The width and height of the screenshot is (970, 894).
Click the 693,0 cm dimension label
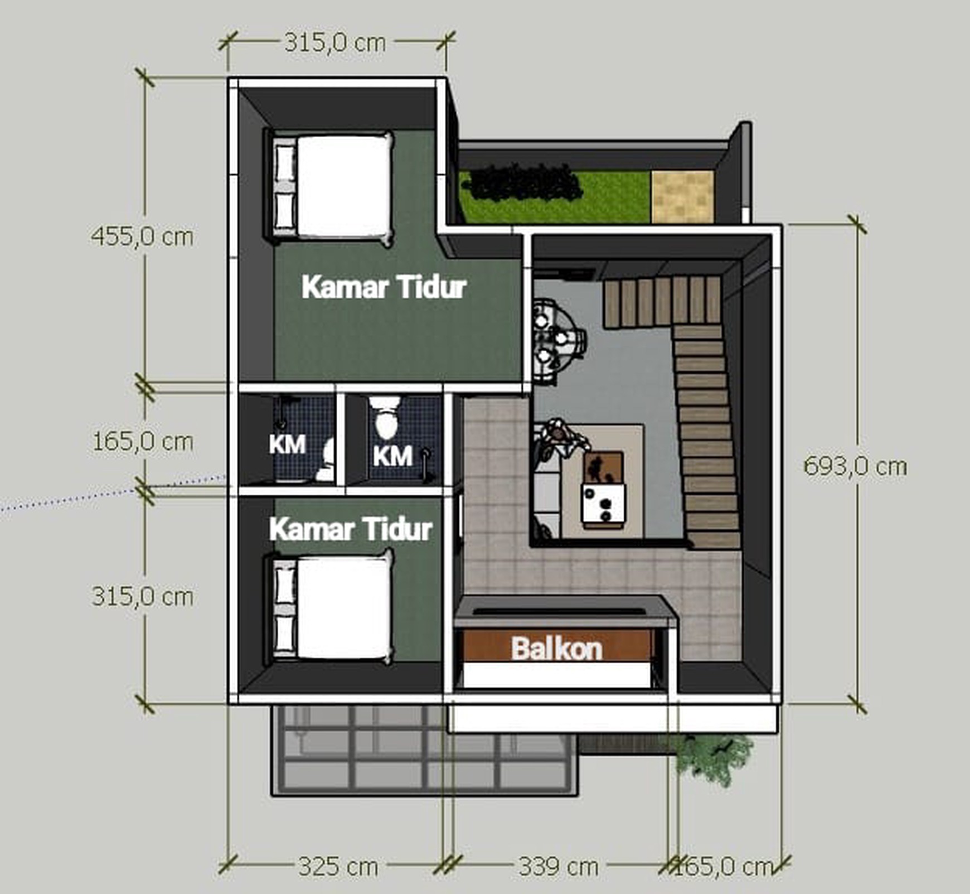(x=855, y=466)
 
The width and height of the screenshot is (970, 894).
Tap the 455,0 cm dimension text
(x=142, y=236)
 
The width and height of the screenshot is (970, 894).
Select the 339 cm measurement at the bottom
(x=559, y=866)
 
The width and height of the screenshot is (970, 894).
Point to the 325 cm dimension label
(x=338, y=866)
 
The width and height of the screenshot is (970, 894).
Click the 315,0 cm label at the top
(x=335, y=42)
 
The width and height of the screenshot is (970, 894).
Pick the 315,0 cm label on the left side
(x=143, y=596)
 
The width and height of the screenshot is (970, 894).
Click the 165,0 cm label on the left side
(x=143, y=442)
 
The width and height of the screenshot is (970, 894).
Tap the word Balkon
(x=557, y=649)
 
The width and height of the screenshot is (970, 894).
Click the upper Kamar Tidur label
(x=384, y=287)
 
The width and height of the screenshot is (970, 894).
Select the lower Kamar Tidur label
(x=351, y=529)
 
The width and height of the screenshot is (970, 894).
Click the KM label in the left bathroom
(x=287, y=444)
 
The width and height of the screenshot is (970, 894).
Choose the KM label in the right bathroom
(x=392, y=456)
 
